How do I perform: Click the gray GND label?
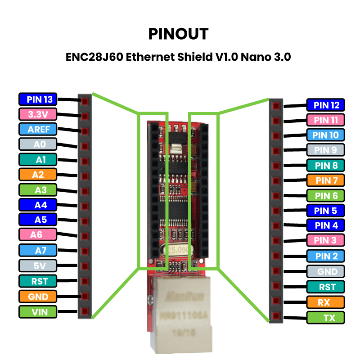coord(325,271)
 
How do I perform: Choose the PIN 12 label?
coord(325,105)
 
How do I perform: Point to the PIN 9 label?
coord(325,150)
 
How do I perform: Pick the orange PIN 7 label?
coord(325,180)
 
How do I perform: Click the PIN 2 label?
coord(325,256)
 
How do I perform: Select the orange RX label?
coord(325,302)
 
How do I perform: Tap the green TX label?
coord(325,317)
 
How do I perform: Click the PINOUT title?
coord(179,34)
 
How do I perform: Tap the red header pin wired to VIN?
coord(84,310)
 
